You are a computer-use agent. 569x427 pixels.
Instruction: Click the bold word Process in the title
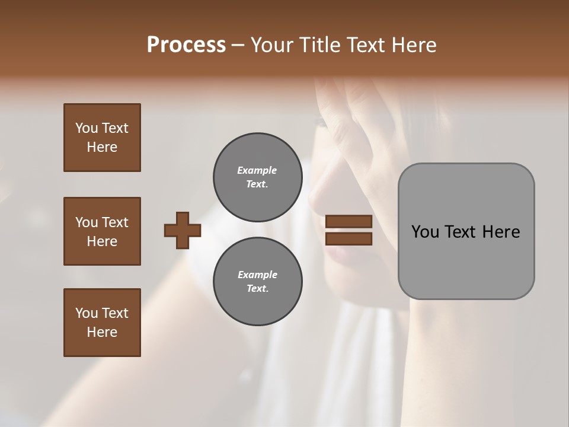tap(186, 45)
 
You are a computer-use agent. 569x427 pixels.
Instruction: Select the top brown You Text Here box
tap(102, 138)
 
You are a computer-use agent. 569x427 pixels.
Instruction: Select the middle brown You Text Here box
tap(102, 231)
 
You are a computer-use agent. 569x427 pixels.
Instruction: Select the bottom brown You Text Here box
tap(102, 323)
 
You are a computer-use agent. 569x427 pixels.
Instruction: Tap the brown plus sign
tap(183, 230)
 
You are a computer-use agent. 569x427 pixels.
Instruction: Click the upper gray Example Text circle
tap(257, 177)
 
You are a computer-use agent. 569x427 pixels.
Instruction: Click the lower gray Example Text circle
tap(257, 282)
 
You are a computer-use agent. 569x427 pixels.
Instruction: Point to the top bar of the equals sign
tap(349, 222)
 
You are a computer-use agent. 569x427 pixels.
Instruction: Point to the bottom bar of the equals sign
tap(349, 239)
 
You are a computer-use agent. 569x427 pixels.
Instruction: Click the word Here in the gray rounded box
tap(501, 232)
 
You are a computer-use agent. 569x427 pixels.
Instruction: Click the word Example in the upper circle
tap(257, 170)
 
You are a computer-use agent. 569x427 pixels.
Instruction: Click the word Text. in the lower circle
tap(257, 289)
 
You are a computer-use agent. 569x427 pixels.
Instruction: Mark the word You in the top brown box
tap(87, 128)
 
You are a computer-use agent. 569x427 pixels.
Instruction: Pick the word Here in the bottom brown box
tap(102, 332)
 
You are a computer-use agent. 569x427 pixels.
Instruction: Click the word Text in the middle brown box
tap(115, 222)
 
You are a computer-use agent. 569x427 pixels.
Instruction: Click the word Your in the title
tap(271, 45)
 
